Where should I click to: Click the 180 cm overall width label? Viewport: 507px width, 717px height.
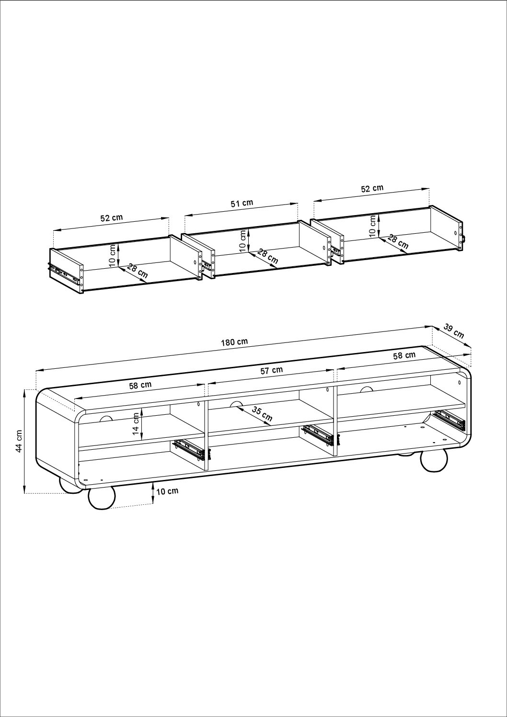click(x=234, y=342)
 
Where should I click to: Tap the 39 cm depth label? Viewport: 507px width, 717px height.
click(x=454, y=330)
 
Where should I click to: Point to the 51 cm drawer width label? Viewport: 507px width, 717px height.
click(x=242, y=203)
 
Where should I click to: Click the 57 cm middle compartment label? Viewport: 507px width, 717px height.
click(x=272, y=370)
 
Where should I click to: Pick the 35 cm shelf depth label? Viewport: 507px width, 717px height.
click(x=262, y=414)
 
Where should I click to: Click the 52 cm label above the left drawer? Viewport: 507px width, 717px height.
click(x=112, y=218)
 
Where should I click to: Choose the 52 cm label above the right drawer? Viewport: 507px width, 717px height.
click(x=372, y=188)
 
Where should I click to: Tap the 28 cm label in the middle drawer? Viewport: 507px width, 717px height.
click(x=267, y=257)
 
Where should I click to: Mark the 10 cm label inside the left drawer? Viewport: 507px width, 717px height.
click(x=112, y=255)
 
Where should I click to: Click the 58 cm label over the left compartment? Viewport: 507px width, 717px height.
click(x=140, y=385)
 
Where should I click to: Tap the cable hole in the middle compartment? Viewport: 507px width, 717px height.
click(x=236, y=404)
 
